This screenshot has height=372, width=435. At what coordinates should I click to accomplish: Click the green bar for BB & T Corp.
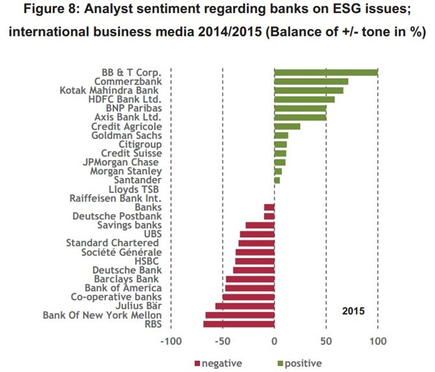click(x=326, y=72)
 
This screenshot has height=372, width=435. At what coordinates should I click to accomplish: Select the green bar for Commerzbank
click(x=311, y=81)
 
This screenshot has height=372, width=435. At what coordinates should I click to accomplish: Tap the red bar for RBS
click(x=239, y=324)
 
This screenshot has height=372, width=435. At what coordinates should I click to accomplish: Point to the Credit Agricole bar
click(x=287, y=126)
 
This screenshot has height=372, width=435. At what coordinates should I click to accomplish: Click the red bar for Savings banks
click(x=260, y=225)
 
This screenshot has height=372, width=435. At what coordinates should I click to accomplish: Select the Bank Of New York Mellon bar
click(x=240, y=315)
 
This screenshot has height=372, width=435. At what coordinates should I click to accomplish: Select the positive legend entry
click(x=297, y=364)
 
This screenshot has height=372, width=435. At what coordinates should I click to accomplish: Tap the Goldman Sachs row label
click(x=127, y=135)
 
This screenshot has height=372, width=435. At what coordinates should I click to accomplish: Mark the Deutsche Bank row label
click(x=127, y=270)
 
